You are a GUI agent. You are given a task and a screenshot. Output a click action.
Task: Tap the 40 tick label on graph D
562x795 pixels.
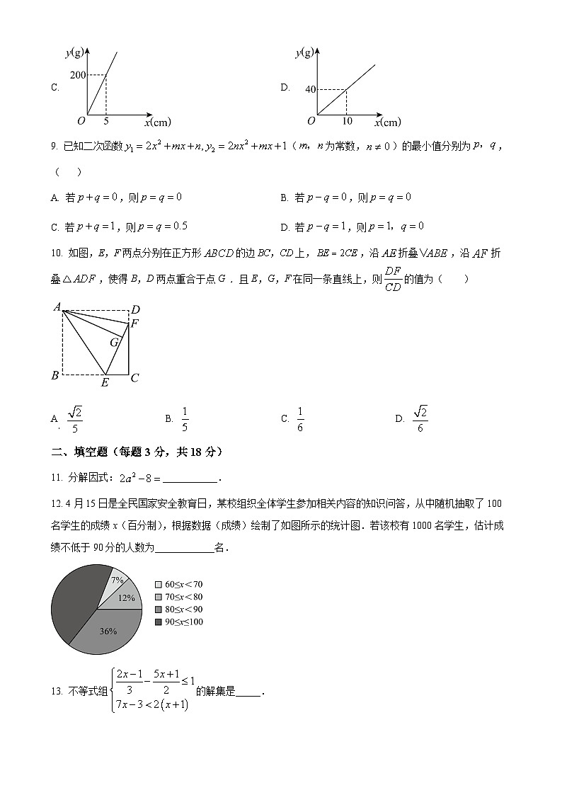tap(310, 89)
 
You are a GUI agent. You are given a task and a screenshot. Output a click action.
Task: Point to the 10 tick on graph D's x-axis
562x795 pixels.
tap(345, 122)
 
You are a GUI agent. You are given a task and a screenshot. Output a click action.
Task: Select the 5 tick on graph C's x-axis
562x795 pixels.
tap(106, 122)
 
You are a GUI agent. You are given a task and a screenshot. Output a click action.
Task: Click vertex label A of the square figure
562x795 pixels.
tap(56, 307)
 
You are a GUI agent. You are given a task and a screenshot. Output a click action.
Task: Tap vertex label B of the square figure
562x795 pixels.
tap(55, 375)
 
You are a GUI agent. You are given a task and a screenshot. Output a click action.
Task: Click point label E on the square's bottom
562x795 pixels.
tap(105, 383)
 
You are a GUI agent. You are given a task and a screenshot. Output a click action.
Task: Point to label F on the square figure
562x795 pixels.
tap(134, 324)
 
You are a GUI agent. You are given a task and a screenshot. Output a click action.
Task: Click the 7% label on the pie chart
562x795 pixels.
tap(117, 580)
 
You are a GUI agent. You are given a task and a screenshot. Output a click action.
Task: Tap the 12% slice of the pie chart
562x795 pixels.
tap(126, 597)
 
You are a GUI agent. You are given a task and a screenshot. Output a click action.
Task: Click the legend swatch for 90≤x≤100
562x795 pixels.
tap(159, 622)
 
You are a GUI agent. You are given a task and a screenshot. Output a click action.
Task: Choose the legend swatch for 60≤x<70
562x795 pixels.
tap(159, 584)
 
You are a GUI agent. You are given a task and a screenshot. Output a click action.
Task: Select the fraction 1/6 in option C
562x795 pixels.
tap(300, 419)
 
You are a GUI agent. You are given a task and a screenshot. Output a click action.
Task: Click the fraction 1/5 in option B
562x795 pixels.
tap(185, 419)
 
